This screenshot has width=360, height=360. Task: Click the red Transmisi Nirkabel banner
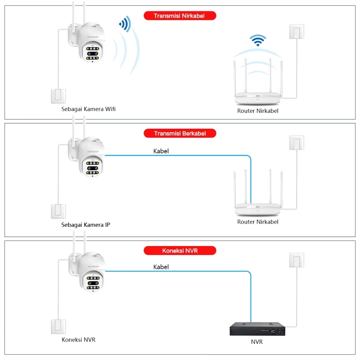179,16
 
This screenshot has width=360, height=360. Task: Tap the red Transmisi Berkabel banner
180,134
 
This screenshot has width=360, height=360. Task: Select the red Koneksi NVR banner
180,251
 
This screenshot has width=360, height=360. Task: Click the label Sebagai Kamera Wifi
88,109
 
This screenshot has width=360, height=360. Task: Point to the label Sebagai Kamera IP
85,225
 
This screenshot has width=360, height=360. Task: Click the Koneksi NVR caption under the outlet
78,340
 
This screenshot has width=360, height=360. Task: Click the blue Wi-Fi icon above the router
258,40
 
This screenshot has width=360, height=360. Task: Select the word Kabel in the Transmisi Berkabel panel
161,151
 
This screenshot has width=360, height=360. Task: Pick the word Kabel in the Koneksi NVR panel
161,267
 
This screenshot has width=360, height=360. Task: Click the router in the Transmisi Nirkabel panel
258,88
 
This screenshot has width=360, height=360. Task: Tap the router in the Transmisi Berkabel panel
258,200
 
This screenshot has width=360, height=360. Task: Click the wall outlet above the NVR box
296,261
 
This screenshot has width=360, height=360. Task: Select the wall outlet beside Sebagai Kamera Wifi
58,96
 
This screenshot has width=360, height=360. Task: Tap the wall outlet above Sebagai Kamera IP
58,211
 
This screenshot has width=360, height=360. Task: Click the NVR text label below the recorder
257,342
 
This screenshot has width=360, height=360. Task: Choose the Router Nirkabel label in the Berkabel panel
258,222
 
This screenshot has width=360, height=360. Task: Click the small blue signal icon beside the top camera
125,24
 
